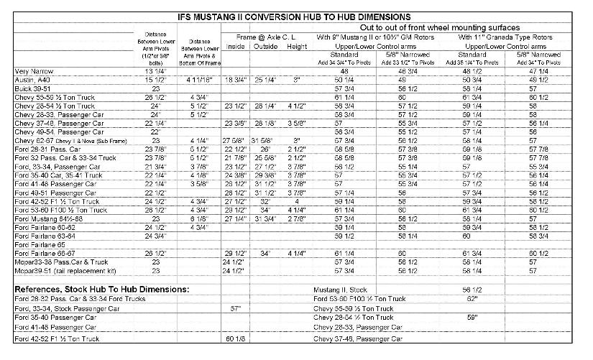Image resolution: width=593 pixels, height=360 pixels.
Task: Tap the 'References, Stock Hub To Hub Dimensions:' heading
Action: pyautogui.click(x=101, y=289)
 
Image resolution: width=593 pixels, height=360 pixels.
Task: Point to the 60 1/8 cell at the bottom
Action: pyautogui.click(x=236, y=338)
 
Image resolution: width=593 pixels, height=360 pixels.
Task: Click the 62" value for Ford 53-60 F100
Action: pyautogui.click(x=472, y=298)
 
